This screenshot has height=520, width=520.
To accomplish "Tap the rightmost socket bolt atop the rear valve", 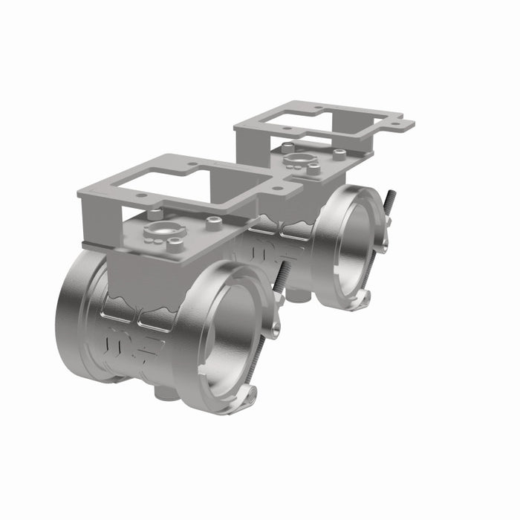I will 339,154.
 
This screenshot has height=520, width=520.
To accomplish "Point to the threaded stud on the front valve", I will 282,275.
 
